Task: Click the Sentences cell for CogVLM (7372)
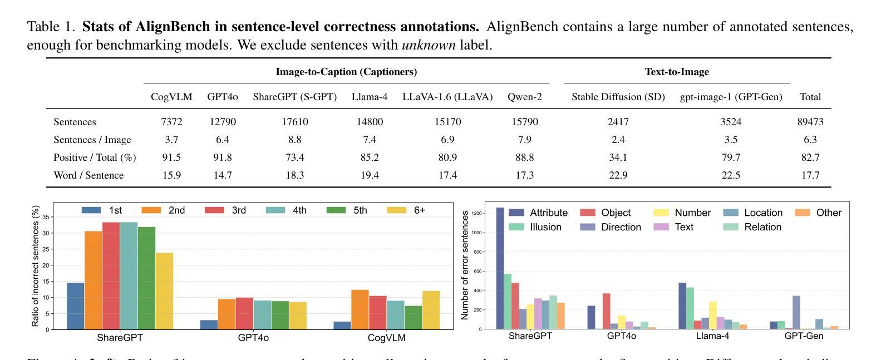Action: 171,122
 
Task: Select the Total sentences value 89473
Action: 810,122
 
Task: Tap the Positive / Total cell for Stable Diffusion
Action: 618,157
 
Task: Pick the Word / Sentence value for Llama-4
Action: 369,175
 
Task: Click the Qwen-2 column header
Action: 524,97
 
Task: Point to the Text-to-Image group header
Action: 676,72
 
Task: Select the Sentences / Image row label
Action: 92,140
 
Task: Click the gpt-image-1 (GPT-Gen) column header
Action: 731,97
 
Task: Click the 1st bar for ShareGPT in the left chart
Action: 76,306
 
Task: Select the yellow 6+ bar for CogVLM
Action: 431,310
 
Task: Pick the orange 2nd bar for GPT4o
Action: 227,314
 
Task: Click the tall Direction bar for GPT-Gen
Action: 796,312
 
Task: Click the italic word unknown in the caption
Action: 429,45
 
